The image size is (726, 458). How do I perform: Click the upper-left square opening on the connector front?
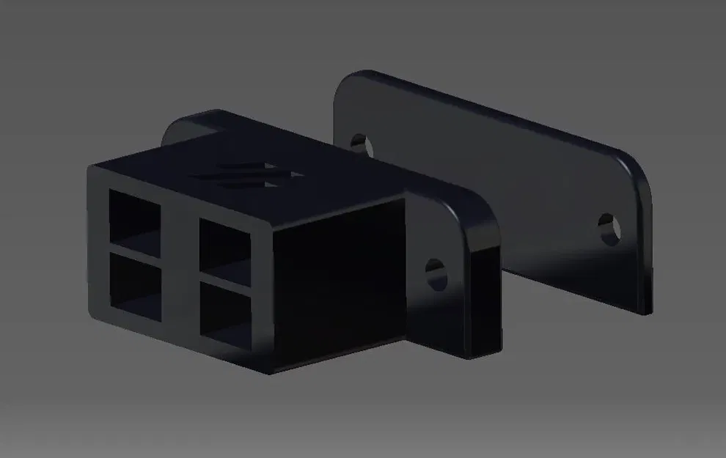135,215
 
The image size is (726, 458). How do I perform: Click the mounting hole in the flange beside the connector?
436,273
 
